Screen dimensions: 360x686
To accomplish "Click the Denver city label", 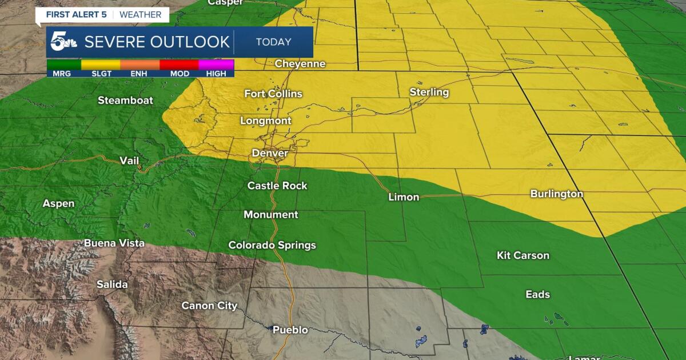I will pyautogui.click(x=270, y=153).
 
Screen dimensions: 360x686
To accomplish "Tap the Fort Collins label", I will pyautogui.click(x=273, y=94).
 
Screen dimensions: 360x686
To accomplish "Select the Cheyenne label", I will pyautogui.click(x=300, y=64).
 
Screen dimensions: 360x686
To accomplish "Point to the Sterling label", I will pyautogui.click(x=429, y=92).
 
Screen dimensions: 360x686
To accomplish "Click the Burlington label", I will pyautogui.click(x=556, y=194).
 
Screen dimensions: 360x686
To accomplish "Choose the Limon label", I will pyautogui.click(x=404, y=197).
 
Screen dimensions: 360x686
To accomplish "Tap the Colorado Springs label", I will pyautogui.click(x=272, y=245).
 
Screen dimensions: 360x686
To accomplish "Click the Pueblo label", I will pyautogui.click(x=290, y=330).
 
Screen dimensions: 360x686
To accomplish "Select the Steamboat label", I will pyautogui.click(x=125, y=101).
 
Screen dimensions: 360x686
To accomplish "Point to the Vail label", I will pyautogui.click(x=129, y=161).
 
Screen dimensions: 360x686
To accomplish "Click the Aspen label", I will pyautogui.click(x=58, y=203).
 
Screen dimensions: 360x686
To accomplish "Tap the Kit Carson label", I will pyautogui.click(x=523, y=255).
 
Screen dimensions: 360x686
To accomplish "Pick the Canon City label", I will pyautogui.click(x=209, y=306).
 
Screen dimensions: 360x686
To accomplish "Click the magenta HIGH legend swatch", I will pyautogui.click(x=216, y=65).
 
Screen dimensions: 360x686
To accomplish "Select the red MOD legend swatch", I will pyautogui.click(x=179, y=65).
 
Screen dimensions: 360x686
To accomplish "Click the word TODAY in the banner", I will pyautogui.click(x=273, y=42).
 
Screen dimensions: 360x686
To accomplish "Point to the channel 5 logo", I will pyautogui.click(x=63, y=42).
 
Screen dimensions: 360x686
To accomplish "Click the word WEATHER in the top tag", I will pyautogui.click(x=141, y=14).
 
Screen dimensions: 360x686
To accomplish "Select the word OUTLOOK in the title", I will pyautogui.click(x=190, y=42).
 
